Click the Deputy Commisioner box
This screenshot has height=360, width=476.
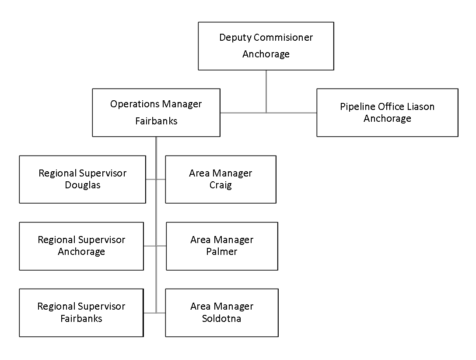(266, 46)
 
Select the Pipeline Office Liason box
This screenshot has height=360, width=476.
(387, 113)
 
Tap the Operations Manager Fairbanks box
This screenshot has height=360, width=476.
(156, 113)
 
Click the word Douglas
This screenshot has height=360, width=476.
(83, 185)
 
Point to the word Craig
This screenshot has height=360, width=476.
(220, 185)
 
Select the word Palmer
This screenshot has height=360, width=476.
(222, 252)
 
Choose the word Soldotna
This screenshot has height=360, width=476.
(221, 318)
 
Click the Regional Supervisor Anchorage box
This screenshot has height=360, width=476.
(81, 246)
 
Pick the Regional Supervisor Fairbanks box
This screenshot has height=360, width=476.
(81, 313)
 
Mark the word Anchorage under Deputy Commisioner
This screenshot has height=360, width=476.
(266, 54)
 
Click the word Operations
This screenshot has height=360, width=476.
(135, 104)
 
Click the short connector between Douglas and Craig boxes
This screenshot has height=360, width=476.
(155, 179)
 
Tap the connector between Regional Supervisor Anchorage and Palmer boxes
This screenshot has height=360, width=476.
(155, 246)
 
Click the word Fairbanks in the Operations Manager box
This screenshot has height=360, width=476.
(156, 121)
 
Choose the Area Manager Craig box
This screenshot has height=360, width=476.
(220, 179)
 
